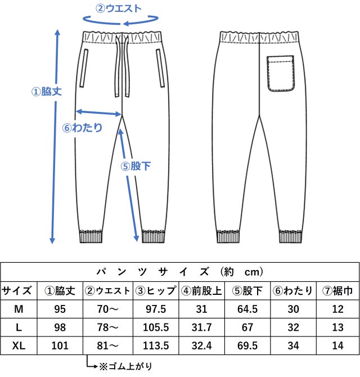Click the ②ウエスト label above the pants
pos(119,8)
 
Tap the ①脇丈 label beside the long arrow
pos(46,92)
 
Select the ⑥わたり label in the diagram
pos(83,127)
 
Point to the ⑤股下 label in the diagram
pos(136,166)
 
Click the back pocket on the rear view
pos(281,74)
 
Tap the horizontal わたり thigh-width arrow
pos(98,113)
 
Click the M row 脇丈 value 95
pos(60,309)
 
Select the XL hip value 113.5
pos(156,345)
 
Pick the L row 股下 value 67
pos(247,327)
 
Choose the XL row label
pos(19,345)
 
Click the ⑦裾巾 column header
pos(337,291)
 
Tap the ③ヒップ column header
pos(156,291)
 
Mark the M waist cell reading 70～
pos(107,309)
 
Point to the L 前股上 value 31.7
pos(201,327)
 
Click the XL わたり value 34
pos(293,345)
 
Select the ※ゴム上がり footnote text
pos(125,366)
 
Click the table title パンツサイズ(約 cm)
pos(180,272)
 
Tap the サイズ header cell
pos(16,291)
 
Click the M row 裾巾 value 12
pos(337,309)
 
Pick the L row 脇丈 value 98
pos(60,327)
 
